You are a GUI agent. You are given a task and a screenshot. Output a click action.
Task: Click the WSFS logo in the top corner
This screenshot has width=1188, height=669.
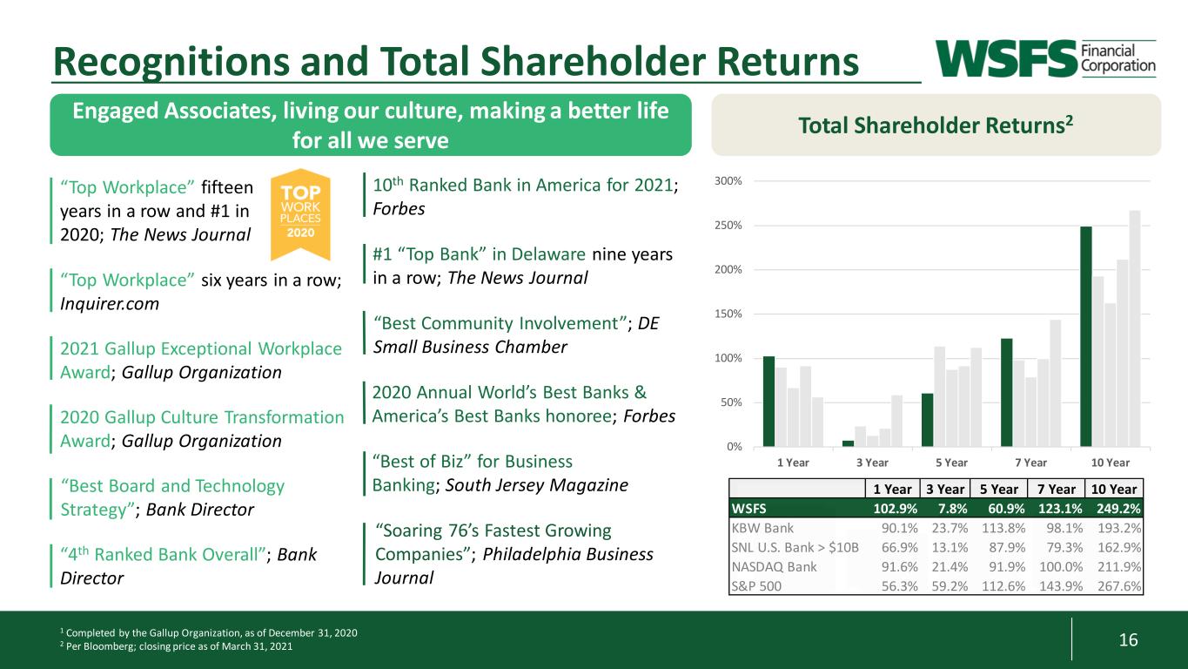1045,58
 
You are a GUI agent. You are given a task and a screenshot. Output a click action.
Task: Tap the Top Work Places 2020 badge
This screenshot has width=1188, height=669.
300,214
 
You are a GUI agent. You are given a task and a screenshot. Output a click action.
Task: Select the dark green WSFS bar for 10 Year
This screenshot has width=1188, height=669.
1085,336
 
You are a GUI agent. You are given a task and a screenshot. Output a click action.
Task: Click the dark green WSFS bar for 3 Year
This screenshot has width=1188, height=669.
848,443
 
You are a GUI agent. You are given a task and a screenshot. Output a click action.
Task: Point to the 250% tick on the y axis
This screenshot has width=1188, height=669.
728,225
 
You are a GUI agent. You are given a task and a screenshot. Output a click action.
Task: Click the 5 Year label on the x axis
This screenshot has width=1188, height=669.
951,463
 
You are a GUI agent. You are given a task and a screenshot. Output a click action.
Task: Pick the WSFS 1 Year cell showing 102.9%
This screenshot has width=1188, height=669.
896,509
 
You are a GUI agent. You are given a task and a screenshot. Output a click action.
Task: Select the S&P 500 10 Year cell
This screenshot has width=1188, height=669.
1119,586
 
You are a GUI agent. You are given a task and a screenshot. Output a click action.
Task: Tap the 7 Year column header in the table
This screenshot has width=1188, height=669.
1056,489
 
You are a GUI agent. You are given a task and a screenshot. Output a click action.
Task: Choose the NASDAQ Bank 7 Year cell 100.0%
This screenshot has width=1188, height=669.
1061,567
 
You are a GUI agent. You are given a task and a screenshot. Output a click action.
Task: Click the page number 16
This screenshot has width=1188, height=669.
1128,639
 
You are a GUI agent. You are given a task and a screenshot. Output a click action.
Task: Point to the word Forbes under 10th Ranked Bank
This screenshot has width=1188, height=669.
399,209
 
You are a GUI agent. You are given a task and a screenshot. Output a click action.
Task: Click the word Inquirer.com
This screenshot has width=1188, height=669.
110,304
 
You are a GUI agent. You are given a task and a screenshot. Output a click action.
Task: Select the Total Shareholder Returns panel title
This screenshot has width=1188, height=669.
936,125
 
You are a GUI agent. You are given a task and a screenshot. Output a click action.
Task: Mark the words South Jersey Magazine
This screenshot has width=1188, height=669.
536,484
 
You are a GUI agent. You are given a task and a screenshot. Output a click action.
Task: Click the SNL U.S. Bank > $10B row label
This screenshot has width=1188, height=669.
795,547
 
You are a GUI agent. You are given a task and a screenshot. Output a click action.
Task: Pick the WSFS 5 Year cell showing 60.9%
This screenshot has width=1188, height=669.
1006,509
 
